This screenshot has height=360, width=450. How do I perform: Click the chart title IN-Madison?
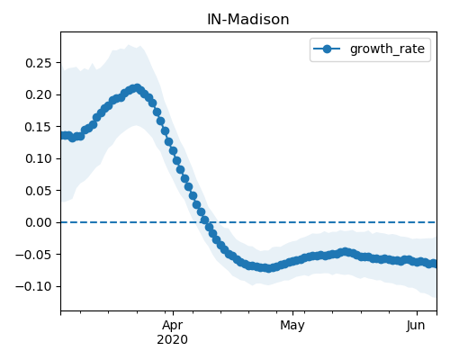pos(248,20)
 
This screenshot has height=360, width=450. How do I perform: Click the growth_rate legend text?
pos(387,49)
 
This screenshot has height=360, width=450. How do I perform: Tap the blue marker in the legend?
pos(327,49)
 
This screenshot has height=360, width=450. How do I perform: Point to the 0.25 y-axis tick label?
pos(39,63)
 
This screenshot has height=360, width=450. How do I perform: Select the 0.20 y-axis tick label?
pos(39,94)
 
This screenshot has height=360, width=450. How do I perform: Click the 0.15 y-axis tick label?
pos(39,127)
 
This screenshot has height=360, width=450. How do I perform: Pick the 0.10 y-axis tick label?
pos(39,158)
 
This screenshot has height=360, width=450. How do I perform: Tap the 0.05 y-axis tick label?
pos(39,191)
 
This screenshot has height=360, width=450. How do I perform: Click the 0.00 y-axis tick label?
pos(39,222)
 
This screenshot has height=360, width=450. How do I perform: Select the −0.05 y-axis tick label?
pos(33,255)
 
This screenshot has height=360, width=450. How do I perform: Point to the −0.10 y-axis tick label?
pos(33,286)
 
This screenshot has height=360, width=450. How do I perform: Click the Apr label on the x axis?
pos(173,326)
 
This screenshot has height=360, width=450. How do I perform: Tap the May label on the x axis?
pos(292,326)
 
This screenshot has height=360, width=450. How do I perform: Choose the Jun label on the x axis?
pos(416,326)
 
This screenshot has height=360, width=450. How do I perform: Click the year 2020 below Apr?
pos(173,339)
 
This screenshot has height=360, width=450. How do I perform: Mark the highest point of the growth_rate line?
pos(137,88)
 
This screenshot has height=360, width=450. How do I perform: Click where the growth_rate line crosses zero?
pos(206,222)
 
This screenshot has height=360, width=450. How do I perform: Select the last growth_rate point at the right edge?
pos(435,264)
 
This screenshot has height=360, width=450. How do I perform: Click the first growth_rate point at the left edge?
pos(63,136)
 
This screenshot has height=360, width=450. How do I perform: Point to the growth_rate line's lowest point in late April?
pos(268,268)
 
